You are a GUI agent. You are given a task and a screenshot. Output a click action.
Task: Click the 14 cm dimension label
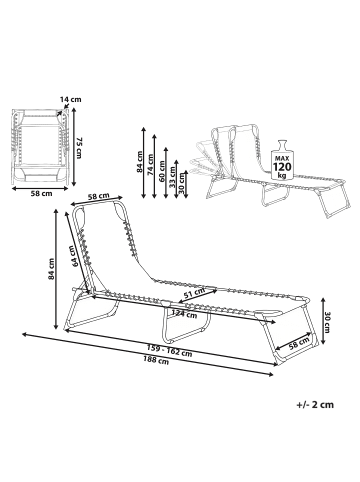(71, 99)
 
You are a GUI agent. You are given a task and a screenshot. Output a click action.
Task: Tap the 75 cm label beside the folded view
(79, 148)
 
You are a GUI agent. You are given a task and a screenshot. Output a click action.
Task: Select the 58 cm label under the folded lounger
(41, 193)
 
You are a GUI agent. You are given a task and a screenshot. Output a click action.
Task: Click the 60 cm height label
(162, 171)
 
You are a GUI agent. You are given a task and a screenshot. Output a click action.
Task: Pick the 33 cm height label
(172, 177)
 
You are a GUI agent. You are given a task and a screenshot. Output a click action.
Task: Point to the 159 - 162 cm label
(169, 351)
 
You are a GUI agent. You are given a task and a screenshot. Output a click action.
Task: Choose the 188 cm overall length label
(156, 360)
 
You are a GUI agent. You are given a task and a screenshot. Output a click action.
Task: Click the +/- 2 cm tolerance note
(315, 405)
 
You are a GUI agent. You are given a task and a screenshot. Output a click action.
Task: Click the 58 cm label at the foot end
(299, 343)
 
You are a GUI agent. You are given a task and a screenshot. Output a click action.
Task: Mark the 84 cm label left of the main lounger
(51, 269)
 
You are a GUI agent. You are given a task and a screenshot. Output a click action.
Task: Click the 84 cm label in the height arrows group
(140, 162)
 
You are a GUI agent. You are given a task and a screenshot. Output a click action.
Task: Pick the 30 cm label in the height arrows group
(182, 183)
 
